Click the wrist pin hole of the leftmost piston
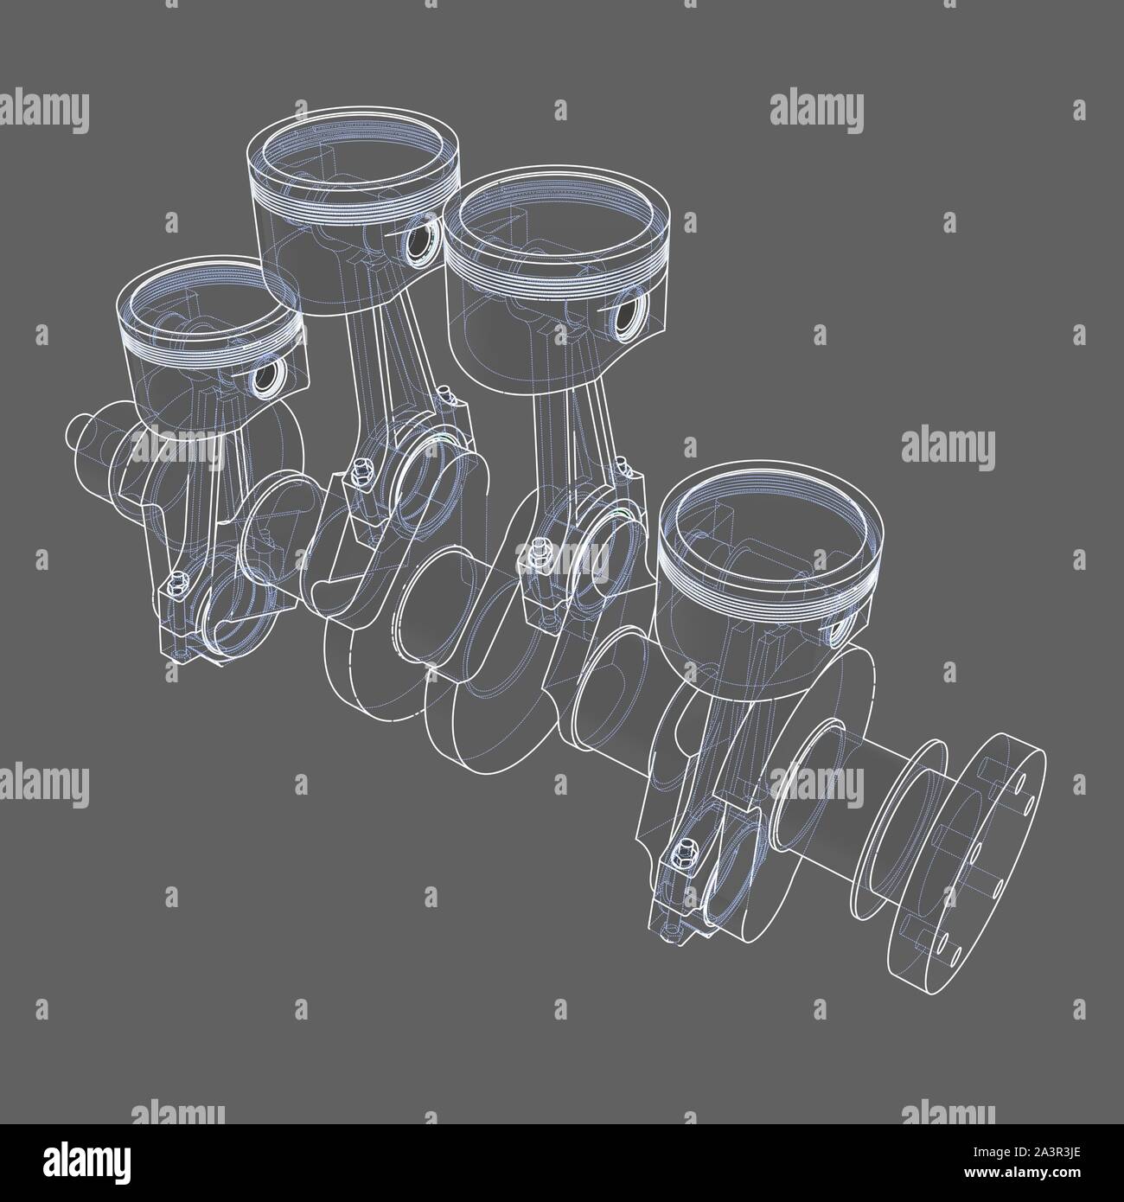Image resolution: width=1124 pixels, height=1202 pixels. (x=266, y=378)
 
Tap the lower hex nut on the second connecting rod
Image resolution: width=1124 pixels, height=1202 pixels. (x=353, y=475)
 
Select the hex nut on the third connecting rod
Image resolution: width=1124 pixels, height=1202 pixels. (x=540, y=547)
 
